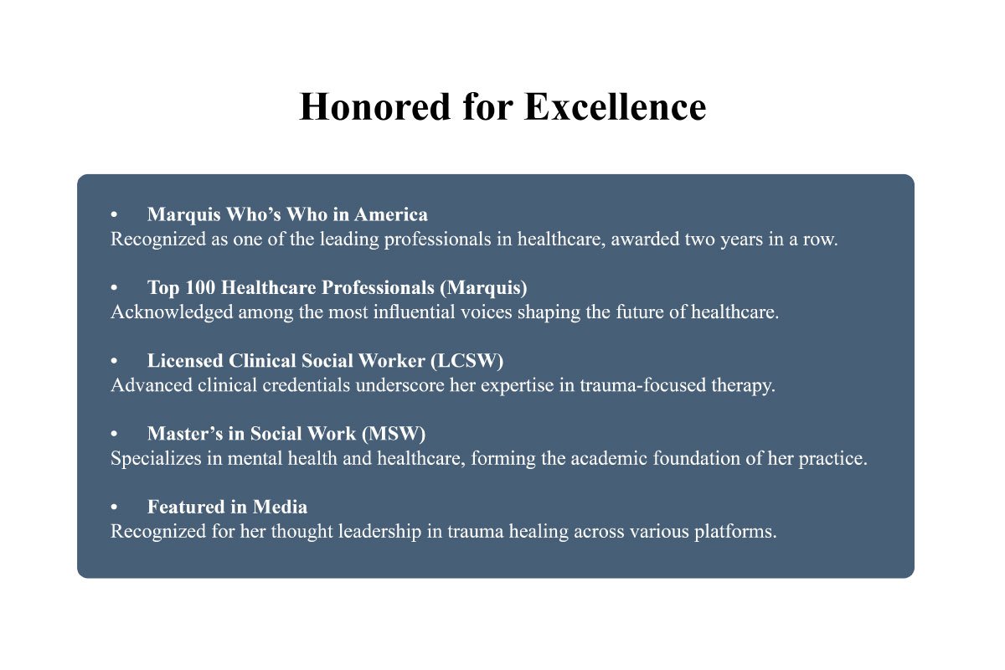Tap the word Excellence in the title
pos(616,107)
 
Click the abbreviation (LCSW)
pos(466,360)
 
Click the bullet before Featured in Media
pos(114,508)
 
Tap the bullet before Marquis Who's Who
pos(114,215)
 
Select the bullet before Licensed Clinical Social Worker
pos(114,361)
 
